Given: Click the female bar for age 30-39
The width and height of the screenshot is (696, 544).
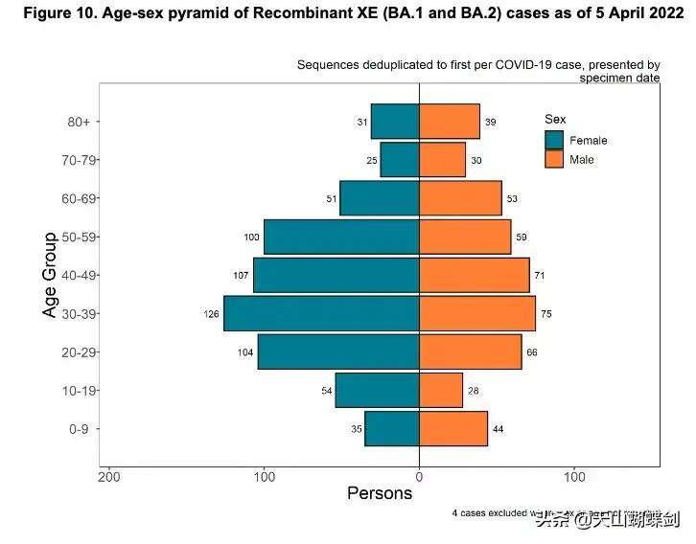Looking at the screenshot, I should pyautogui.click(x=321, y=313).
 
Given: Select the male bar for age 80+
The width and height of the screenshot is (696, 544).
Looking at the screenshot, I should pyautogui.click(x=449, y=122).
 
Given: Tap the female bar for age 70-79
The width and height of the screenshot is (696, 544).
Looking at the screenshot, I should pyautogui.click(x=400, y=160).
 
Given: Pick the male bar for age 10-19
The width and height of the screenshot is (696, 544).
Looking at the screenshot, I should pyautogui.click(x=441, y=391).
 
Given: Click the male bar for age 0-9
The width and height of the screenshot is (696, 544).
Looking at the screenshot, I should pyautogui.click(x=453, y=429).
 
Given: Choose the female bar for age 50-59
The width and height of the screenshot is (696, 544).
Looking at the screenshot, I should pyautogui.click(x=341, y=237).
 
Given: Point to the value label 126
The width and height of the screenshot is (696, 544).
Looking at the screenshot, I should pyautogui.click(x=212, y=314).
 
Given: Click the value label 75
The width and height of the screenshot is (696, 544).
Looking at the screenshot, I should pyautogui.click(x=546, y=314).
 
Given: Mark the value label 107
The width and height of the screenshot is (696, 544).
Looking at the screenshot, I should pyautogui.click(x=242, y=276).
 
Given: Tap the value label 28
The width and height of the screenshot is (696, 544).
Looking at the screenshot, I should pyautogui.click(x=474, y=391).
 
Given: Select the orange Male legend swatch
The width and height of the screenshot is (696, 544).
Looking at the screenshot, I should pyautogui.click(x=554, y=159).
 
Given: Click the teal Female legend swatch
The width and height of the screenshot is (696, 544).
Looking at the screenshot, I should pyautogui.click(x=554, y=140).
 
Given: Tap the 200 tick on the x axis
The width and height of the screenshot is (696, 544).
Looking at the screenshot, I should pyautogui.click(x=109, y=476).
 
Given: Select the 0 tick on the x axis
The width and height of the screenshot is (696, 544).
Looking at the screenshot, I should pyautogui.click(x=419, y=476).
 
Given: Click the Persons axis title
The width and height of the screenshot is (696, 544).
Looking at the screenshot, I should pyautogui.click(x=380, y=494).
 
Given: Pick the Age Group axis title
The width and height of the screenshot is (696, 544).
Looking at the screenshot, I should pyautogui.click(x=50, y=275).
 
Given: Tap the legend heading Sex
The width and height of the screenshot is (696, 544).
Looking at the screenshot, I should pyautogui.click(x=555, y=119).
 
